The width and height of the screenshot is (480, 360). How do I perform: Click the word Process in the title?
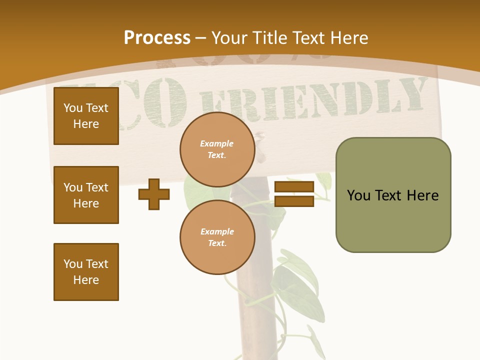[x=157, y=38]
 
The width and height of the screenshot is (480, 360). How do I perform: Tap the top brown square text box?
[x=86, y=116]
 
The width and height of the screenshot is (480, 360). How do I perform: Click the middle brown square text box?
[x=86, y=195]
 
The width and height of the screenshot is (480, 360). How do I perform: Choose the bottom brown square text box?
[x=86, y=272]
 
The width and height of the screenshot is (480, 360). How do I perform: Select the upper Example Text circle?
[x=217, y=149]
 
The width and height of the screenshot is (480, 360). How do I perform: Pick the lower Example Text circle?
[x=217, y=237]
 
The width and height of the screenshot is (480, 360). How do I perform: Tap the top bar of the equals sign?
[x=294, y=187]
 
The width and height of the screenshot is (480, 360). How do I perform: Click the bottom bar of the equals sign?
[x=294, y=201]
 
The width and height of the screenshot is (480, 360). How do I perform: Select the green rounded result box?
[x=393, y=195]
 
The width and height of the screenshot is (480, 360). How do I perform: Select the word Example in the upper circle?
[x=217, y=144]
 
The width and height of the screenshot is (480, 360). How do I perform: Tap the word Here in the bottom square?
[x=86, y=280]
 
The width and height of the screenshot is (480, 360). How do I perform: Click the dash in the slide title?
[x=201, y=38]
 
